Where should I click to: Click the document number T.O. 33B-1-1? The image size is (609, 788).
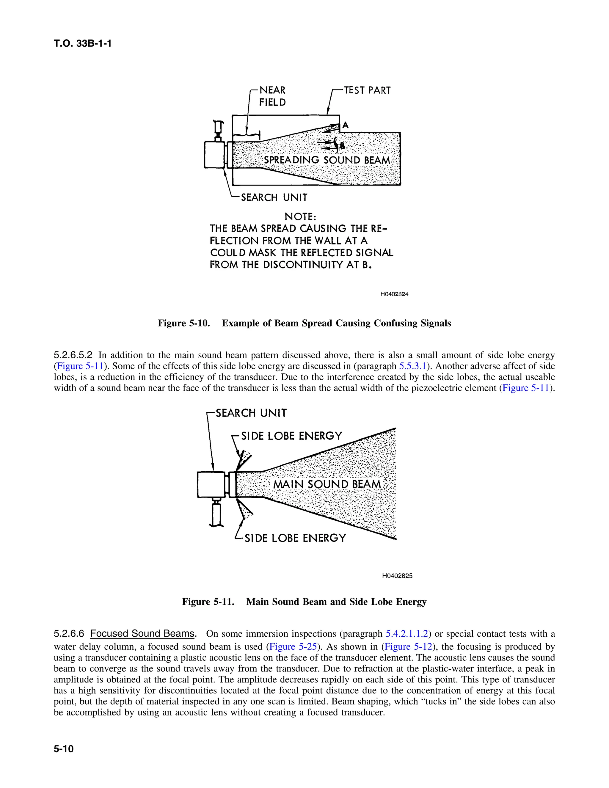(x=83, y=44)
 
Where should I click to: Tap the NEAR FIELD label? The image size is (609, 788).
(x=272, y=96)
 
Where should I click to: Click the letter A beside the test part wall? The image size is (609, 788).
(x=345, y=125)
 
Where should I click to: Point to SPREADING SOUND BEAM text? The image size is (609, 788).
(x=327, y=160)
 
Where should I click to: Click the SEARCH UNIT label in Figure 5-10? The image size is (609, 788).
(x=274, y=197)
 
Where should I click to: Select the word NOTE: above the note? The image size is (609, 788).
(x=300, y=216)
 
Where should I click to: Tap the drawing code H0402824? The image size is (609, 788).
(x=394, y=294)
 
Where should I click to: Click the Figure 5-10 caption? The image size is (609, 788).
(x=304, y=323)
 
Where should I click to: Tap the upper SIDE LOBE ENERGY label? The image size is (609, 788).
(x=291, y=436)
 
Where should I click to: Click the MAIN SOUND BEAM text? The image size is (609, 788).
(x=327, y=484)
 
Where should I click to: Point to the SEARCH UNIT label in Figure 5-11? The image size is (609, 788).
(x=251, y=413)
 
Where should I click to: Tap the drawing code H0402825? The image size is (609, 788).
(x=397, y=576)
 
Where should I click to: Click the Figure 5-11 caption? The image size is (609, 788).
(x=304, y=602)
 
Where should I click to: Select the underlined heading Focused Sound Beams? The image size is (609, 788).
(x=142, y=634)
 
